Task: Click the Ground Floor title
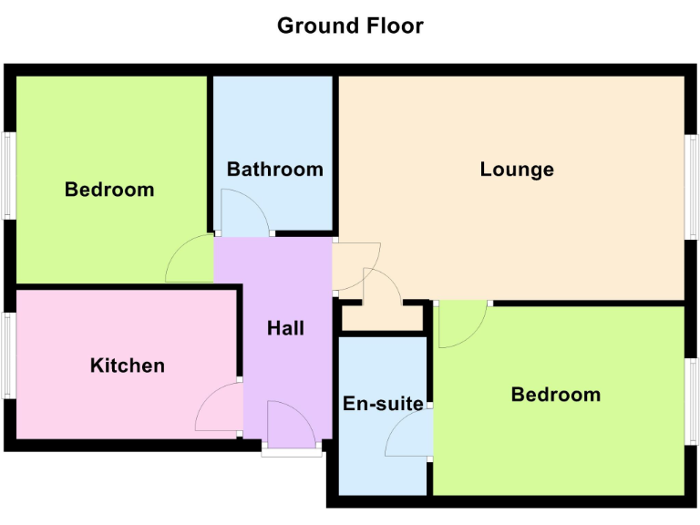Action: coord(350,26)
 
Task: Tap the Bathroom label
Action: coord(274,170)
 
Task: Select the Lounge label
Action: coord(517,170)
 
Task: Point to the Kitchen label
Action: coord(128,365)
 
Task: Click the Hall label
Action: coord(285,328)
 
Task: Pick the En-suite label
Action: coord(383,403)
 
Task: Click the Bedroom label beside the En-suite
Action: coord(555,395)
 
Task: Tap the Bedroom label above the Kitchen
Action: coord(109,190)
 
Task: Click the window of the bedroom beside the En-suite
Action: coord(692,401)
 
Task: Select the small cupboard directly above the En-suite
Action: coord(383,318)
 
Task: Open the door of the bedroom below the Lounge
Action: coord(460,324)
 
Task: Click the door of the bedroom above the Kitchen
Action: coord(190,259)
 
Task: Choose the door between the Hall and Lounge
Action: coord(355,264)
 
